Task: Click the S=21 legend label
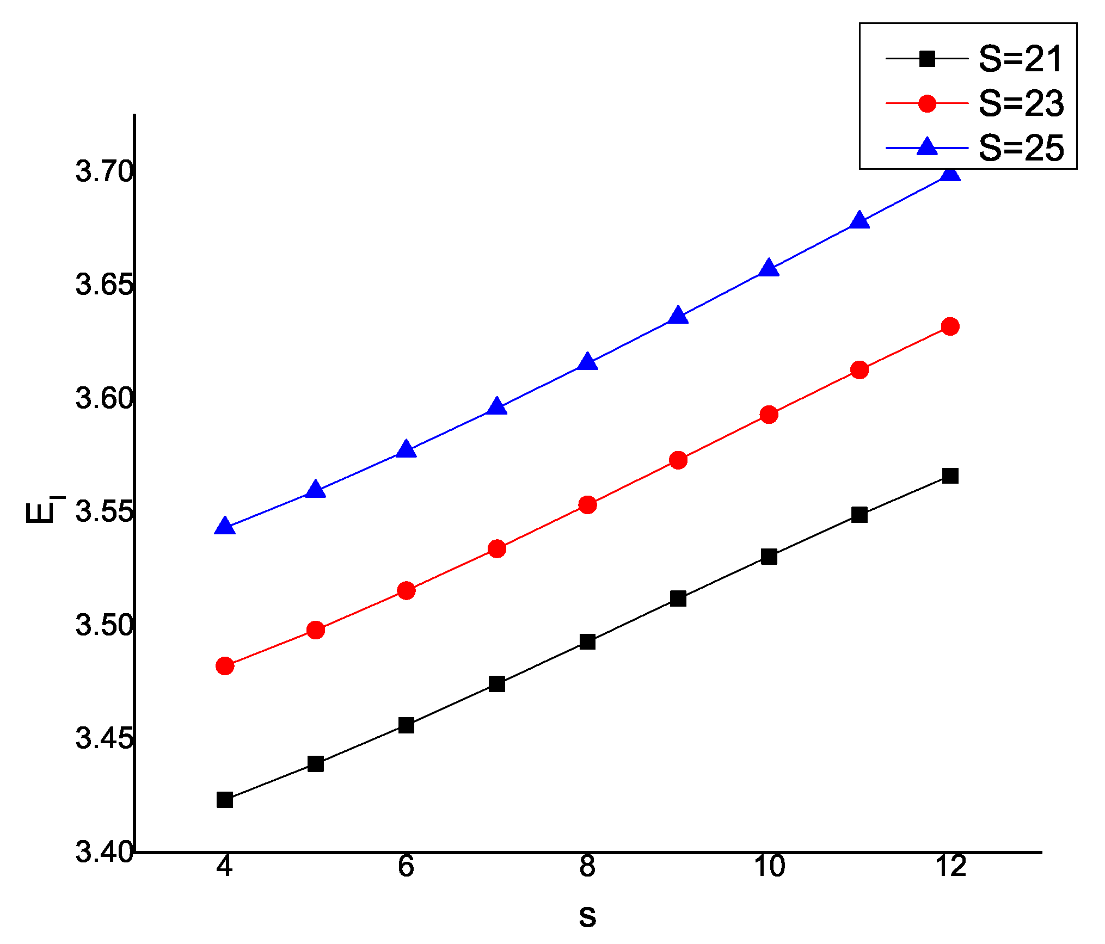click(x=1020, y=59)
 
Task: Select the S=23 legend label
click(x=1020, y=103)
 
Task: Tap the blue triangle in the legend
click(x=927, y=147)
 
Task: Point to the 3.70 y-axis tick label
click(x=104, y=171)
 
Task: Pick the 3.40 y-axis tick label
click(x=104, y=852)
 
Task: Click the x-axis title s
click(x=587, y=916)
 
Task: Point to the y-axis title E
click(x=41, y=511)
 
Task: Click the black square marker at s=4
click(x=225, y=800)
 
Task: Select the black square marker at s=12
click(x=950, y=476)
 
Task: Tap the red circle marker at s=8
click(x=587, y=505)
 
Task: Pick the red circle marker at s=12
click(x=950, y=326)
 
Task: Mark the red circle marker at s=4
click(x=225, y=665)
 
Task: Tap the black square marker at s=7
click(x=496, y=684)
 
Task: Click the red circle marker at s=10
click(x=769, y=415)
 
